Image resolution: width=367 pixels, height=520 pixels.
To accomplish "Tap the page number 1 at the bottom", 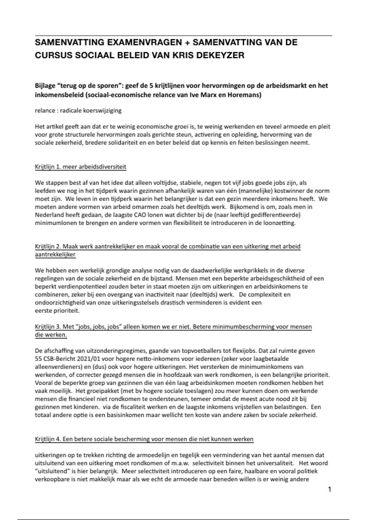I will coord(329,489).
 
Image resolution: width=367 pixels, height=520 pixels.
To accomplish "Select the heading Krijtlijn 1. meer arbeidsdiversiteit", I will coord(80,167).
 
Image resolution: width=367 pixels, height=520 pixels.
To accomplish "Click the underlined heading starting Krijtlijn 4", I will coord(144,439).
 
